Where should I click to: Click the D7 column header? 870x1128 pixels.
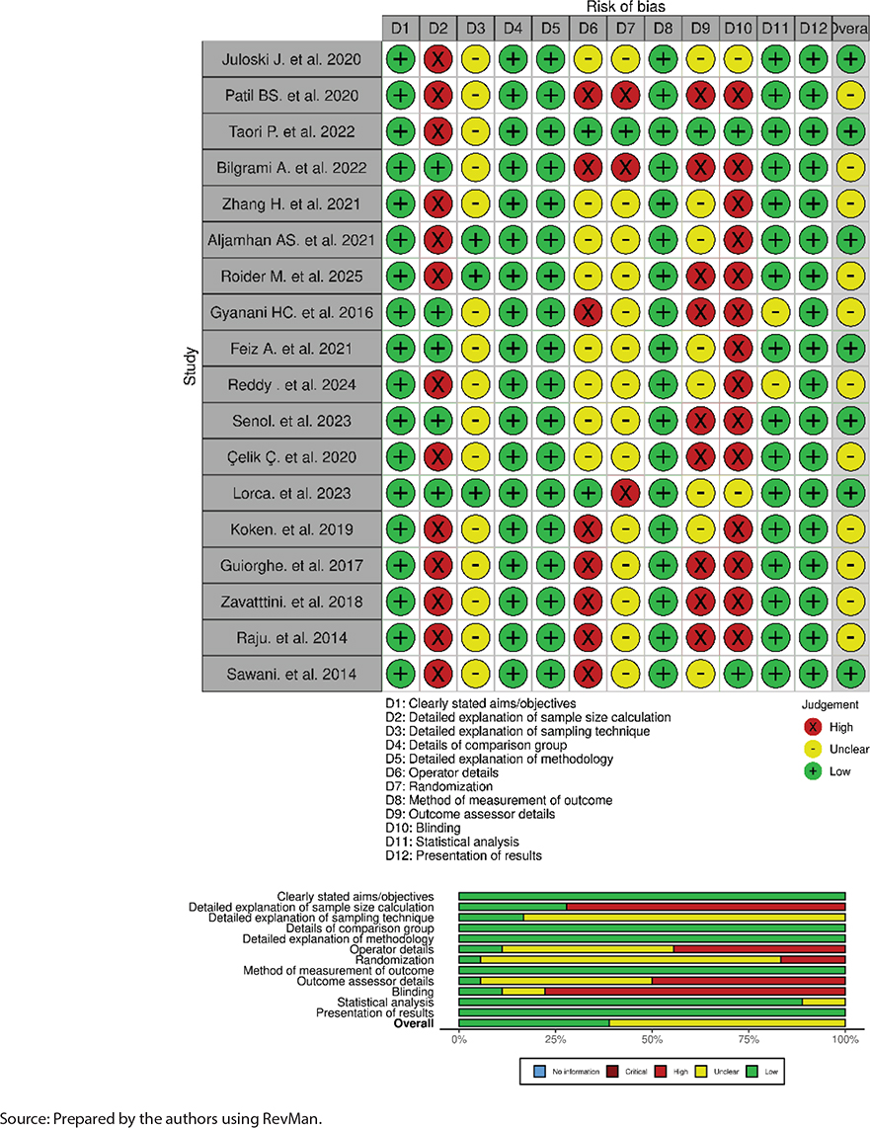tap(625, 28)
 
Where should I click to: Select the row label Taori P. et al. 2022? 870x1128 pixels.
tap(292, 131)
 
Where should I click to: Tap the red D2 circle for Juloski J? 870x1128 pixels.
tap(437, 59)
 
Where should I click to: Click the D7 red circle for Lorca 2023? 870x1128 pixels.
tap(625, 493)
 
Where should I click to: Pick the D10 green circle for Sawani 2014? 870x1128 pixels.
tap(738, 674)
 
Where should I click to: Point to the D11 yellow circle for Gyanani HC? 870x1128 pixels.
tap(775, 312)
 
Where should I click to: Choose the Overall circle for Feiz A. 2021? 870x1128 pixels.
tap(850, 349)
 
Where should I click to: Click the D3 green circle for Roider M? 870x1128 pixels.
tap(475, 277)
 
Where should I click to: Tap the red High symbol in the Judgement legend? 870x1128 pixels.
tap(813, 727)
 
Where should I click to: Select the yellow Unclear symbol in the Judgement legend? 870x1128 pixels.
tap(813, 749)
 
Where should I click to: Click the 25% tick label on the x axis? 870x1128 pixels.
tap(555, 1039)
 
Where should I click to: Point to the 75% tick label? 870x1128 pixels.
tap(749, 1039)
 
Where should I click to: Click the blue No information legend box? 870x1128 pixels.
tap(539, 1071)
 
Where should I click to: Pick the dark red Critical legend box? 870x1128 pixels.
tap(613, 1071)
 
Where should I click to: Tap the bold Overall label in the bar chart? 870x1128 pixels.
tap(414, 1023)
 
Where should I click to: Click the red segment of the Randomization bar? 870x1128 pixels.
tap(813, 960)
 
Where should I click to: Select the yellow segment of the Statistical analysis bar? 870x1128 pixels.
tap(824, 1003)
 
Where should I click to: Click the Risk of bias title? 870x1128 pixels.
tap(625, 7)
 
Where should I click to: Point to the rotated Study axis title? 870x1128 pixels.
tap(190, 366)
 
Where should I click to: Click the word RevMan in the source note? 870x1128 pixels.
tap(292, 1118)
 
